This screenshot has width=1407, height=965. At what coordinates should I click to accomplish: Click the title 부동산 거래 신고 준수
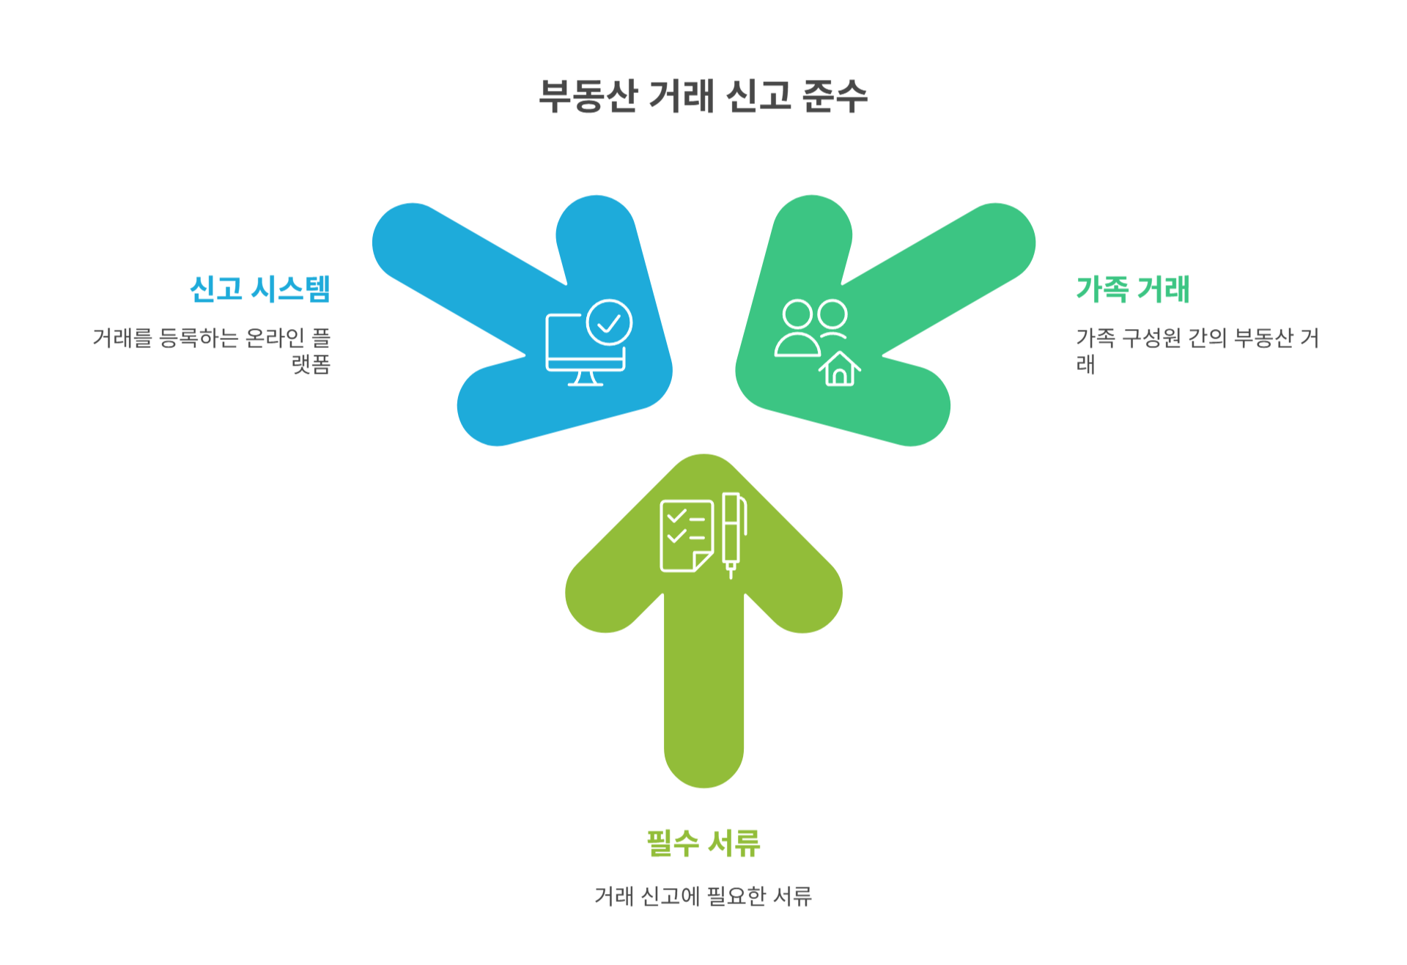[703, 96]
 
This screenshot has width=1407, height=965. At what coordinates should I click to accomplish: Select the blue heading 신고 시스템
[260, 289]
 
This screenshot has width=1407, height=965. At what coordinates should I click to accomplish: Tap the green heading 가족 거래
[1132, 289]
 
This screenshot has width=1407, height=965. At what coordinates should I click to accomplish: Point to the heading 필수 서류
[703, 843]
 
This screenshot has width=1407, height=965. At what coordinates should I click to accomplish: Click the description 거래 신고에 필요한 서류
[703, 895]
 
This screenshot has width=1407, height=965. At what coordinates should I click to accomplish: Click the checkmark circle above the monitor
[609, 322]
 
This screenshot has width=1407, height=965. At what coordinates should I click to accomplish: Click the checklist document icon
[686, 536]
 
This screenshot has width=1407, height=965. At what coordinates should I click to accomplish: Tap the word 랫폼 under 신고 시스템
[311, 364]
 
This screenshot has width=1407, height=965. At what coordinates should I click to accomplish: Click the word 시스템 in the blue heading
[290, 289]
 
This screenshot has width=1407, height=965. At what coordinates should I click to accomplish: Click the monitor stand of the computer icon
[585, 378]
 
